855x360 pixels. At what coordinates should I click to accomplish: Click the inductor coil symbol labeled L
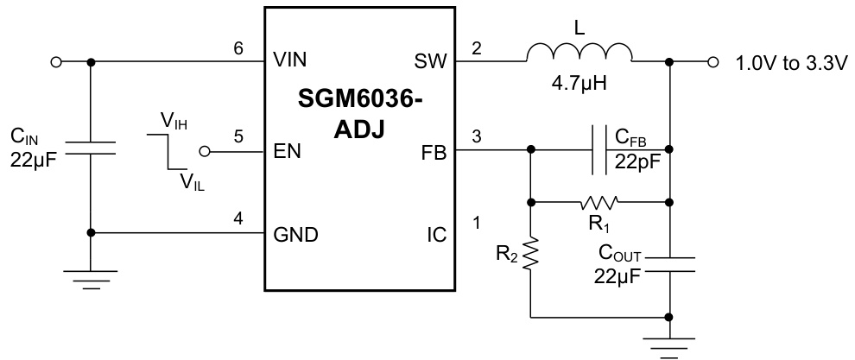(x=580, y=54)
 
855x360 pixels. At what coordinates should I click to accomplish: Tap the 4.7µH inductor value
(x=580, y=88)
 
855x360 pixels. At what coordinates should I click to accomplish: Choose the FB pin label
(x=434, y=152)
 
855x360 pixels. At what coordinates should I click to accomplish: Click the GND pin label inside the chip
(x=294, y=234)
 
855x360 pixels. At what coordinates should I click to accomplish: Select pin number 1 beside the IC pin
(x=476, y=223)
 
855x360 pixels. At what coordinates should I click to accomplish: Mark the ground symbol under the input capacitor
(x=91, y=278)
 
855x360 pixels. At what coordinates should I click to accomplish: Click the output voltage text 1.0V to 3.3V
(x=791, y=62)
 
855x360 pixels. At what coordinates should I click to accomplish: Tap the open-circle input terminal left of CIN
(x=57, y=62)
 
